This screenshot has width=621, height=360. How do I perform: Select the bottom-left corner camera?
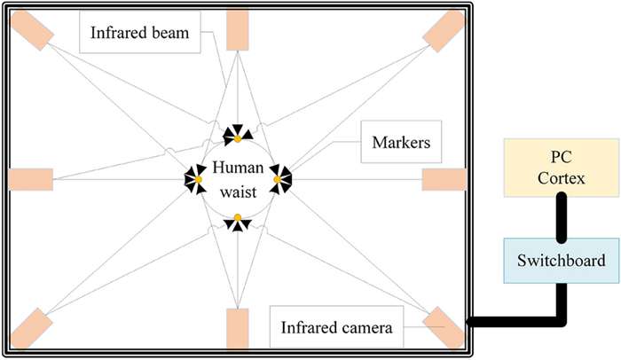[33, 326]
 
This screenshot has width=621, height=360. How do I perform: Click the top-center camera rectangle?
[238, 29]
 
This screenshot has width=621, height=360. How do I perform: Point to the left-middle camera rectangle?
[31, 179]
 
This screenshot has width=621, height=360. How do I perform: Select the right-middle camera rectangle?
[444, 179]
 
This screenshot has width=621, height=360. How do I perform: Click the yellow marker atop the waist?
[238, 139]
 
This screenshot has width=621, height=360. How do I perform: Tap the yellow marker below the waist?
[238, 218]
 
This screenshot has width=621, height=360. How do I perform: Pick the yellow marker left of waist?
[199, 180]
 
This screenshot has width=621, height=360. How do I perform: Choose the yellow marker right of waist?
[277, 180]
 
